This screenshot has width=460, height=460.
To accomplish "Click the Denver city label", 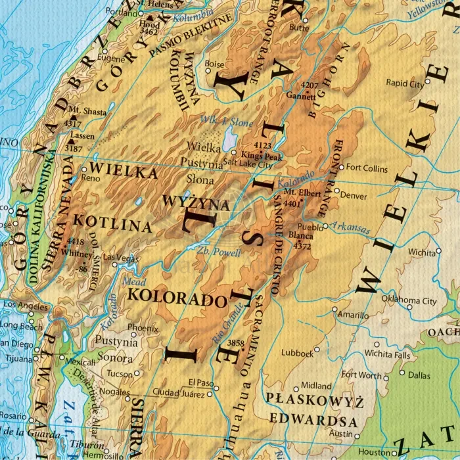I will point(354,196).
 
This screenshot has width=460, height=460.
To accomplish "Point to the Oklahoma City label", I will point(409,301).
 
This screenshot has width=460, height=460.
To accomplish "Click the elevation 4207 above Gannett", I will point(310,86).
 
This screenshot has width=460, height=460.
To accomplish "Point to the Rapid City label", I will point(405,83).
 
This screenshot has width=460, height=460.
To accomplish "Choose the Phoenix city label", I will point(143,327).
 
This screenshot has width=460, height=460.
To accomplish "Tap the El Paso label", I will point(202,382).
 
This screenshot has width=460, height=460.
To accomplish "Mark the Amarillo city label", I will point(353,315).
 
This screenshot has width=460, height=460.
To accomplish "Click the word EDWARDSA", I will point(316,421).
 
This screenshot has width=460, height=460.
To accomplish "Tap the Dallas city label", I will point(419,375).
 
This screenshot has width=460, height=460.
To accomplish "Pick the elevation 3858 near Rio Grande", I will point(235,343).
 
